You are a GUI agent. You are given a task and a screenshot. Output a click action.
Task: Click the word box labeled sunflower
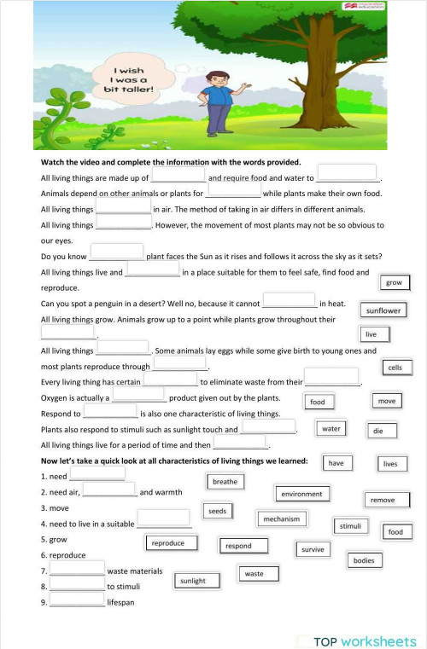click(383, 310)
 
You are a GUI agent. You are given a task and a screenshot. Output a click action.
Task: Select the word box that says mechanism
click(281, 519)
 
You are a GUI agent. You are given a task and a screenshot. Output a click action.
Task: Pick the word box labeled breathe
click(225, 482)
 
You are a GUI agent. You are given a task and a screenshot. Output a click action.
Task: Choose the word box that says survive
click(313, 549)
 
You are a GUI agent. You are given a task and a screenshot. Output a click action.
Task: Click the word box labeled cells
click(395, 368)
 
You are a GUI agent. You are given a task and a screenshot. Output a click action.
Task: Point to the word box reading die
click(378, 431)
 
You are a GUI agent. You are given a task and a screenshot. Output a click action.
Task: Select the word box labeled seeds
click(217, 511)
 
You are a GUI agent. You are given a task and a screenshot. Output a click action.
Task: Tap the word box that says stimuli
click(350, 526)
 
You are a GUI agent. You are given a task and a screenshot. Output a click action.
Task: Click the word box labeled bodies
click(363, 560)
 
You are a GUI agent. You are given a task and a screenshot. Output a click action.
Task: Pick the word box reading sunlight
click(193, 581)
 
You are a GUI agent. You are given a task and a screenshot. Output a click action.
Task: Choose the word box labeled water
click(331, 428)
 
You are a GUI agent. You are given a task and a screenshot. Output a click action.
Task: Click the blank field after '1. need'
click(97, 473)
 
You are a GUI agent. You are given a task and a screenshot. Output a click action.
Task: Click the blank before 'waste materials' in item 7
click(77, 568)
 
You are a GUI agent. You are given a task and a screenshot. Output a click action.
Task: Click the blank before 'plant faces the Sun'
click(116, 252)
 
